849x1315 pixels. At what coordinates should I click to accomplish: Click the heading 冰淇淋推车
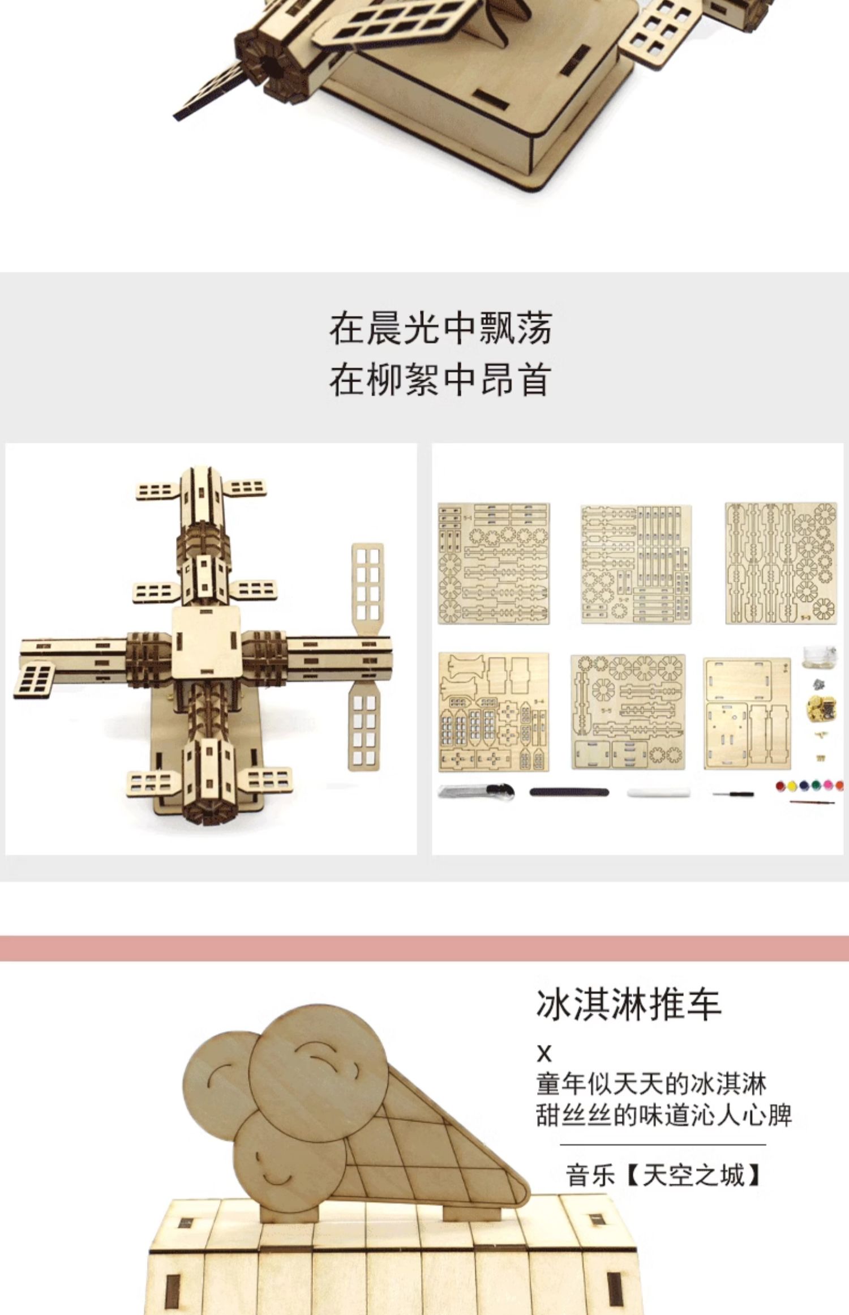pyautogui.click(x=628, y=1005)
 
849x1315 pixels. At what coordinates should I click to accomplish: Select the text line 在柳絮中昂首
pyautogui.click(x=440, y=380)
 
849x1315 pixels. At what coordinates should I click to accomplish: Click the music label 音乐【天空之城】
pyautogui.click(x=663, y=1175)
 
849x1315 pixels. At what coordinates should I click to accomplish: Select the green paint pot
pyautogui.click(x=816, y=785)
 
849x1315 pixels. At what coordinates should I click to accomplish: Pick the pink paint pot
pyautogui.click(x=828, y=785)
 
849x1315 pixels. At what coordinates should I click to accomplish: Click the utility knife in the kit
pyautogui.click(x=475, y=792)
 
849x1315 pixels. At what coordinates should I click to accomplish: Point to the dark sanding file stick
pyautogui.click(x=569, y=792)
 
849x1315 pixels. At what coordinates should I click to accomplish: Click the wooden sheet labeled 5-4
pyautogui.click(x=493, y=712)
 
